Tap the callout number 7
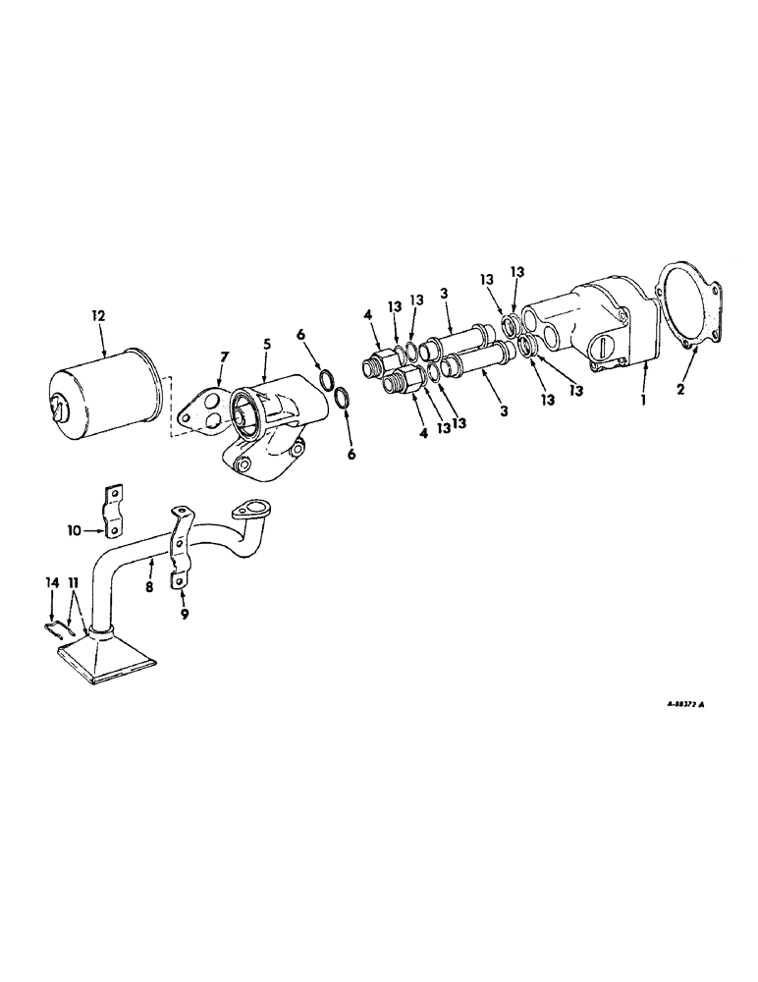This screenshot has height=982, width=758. tap(225, 354)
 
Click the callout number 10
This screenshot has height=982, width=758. tap(75, 530)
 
